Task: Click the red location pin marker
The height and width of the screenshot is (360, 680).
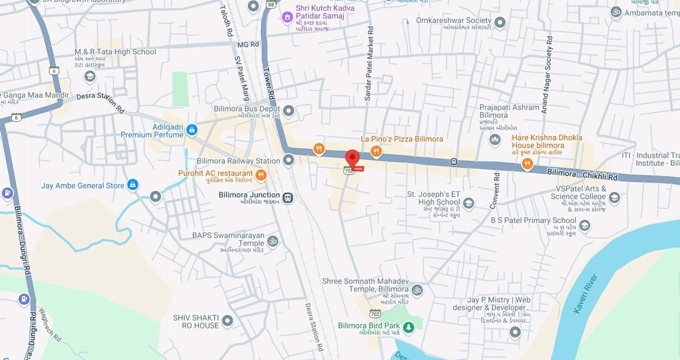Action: [x=352, y=157]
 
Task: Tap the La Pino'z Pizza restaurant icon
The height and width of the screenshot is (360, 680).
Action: [x=376, y=151]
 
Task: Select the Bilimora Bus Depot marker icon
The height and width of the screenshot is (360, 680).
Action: [x=289, y=110]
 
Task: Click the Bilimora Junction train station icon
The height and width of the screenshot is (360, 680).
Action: [x=288, y=198]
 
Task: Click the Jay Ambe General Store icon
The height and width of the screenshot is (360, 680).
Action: [x=132, y=185]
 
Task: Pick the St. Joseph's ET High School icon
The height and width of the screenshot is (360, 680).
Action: [x=468, y=204]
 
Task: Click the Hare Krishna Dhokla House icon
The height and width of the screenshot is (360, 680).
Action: [x=527, y=164]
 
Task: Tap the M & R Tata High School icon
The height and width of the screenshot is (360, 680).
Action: [x=90, y=76]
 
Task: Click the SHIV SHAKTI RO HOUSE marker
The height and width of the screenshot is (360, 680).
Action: [x=228, y=321]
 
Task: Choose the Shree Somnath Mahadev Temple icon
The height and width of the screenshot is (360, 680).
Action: [x=417, y=290]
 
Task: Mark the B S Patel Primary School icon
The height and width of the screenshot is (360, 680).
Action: [x=584, y=226]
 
